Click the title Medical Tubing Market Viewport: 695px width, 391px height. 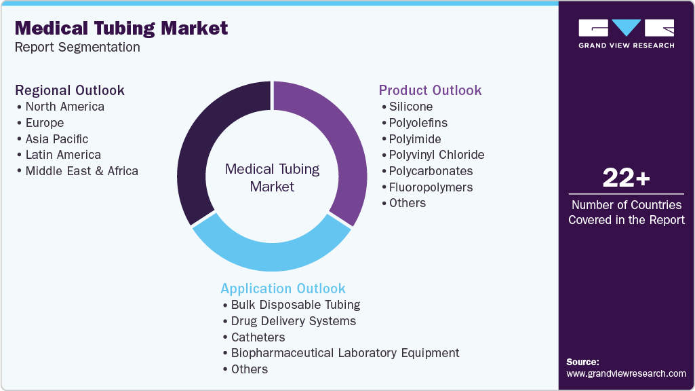pos(121,29)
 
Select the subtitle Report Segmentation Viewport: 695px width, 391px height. pos(77,48)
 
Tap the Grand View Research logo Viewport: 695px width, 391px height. pos(626,33)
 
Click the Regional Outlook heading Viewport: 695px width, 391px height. pos(70,90)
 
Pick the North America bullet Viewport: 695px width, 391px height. pos(64,107)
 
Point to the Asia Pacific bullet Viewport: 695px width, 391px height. pos(56,139)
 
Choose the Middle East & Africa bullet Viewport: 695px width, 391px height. pos(81,171)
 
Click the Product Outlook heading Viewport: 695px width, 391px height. pos(430,90)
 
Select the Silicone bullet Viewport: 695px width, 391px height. pos(410,107)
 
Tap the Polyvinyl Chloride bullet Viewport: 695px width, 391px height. pos(436,155)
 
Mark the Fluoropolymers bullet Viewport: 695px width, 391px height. pos(431,187)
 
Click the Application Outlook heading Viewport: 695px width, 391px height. pos(283,288)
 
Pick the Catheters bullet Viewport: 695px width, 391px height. pos(258,337)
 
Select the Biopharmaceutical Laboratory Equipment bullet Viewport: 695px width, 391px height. pos(344,353)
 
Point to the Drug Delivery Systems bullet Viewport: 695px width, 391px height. pos(293,321)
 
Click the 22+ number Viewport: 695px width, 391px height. pos(626,179)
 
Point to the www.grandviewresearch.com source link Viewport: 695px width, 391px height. pos(626,373)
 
